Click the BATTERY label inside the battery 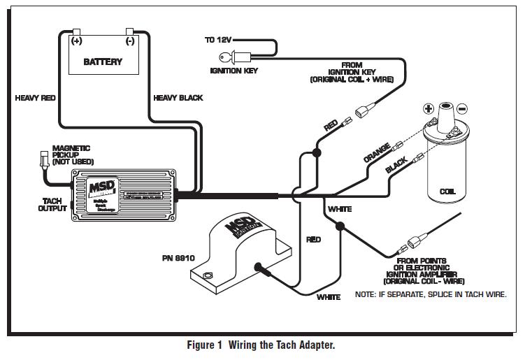tap(103, 62)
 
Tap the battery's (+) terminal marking tap(76, 41)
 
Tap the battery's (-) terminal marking tap(130, 41)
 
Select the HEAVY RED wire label tap(35, 99)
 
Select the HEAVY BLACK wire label tap(178, 99)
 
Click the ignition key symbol tap(245, 58)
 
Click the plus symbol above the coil tap(428, 109)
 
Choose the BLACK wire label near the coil tap(396, 166)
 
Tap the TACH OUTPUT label tap(52, 204)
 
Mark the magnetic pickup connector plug tap(45, 159)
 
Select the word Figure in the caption tap(203, 345)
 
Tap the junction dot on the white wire tap(340, 226)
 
